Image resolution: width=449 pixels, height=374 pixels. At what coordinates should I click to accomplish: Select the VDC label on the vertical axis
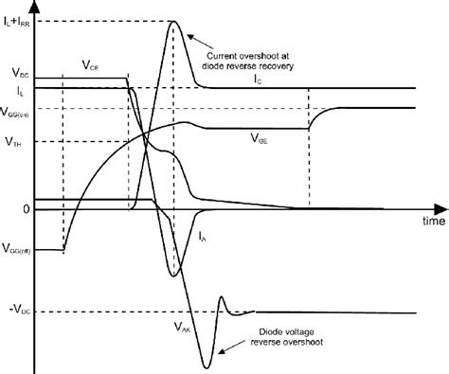17,73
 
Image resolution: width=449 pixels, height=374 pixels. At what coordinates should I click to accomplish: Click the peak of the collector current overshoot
173,23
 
